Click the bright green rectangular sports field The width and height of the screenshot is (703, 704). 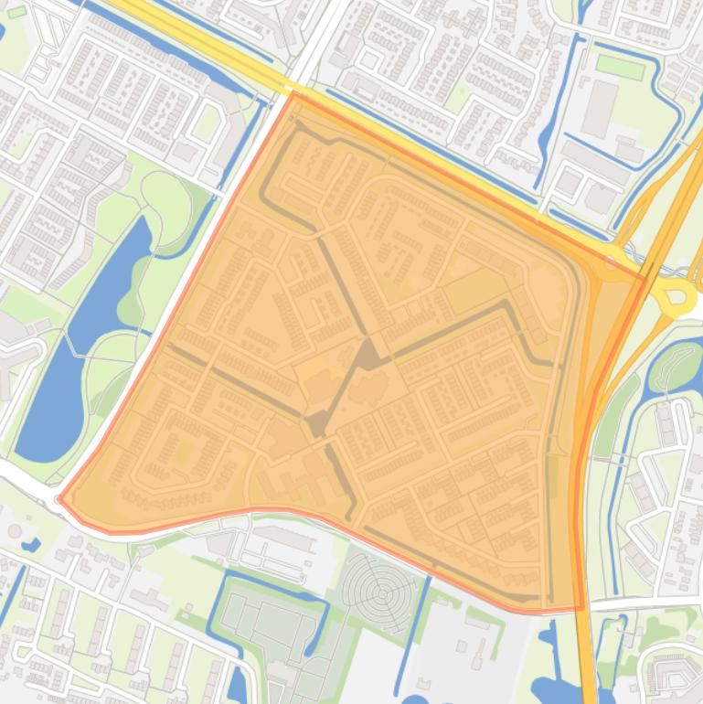click(x=621, y=65)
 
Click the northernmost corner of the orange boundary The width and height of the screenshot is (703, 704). click(x=293, y=93)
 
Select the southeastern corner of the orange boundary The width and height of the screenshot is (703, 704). click(x=581, y=608)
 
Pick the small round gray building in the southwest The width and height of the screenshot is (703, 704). click(x=14, y=531)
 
